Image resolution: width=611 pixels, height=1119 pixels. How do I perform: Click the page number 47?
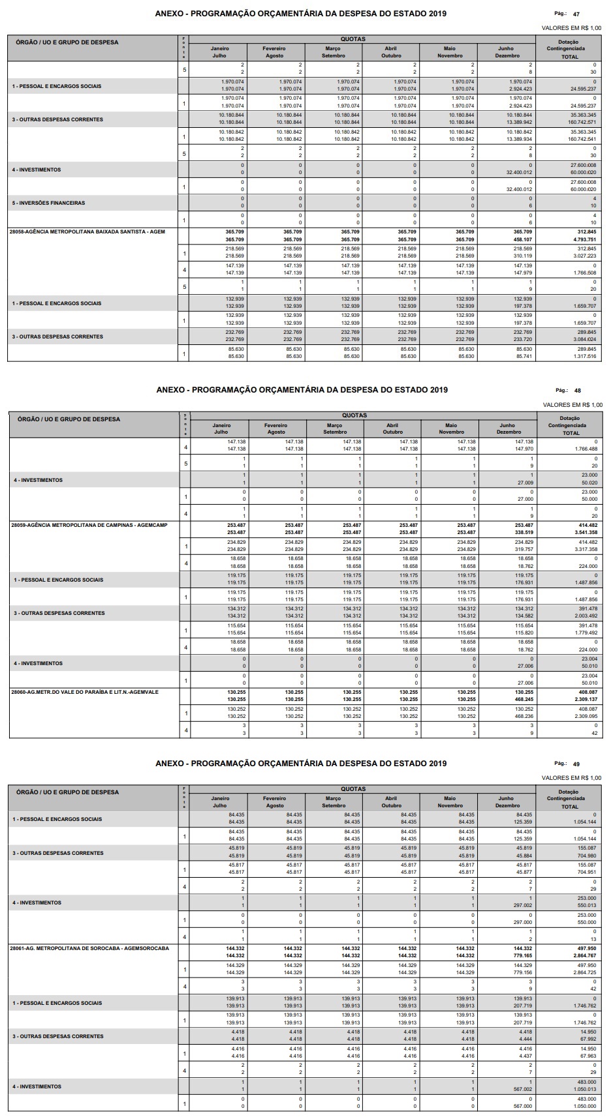[576, 14]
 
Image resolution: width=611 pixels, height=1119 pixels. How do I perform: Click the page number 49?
[576, 764]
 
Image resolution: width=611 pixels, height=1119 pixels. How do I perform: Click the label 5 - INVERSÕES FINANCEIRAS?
[48, 203]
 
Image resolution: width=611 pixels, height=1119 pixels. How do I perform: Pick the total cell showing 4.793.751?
[583, 239]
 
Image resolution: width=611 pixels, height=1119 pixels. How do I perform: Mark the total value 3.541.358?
[584, 533]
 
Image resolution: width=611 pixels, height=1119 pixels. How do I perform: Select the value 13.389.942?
[520, 122]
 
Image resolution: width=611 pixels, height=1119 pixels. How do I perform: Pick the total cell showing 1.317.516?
[584, 356]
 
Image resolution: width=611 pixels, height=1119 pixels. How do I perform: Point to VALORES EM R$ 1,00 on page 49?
[572, 777]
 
